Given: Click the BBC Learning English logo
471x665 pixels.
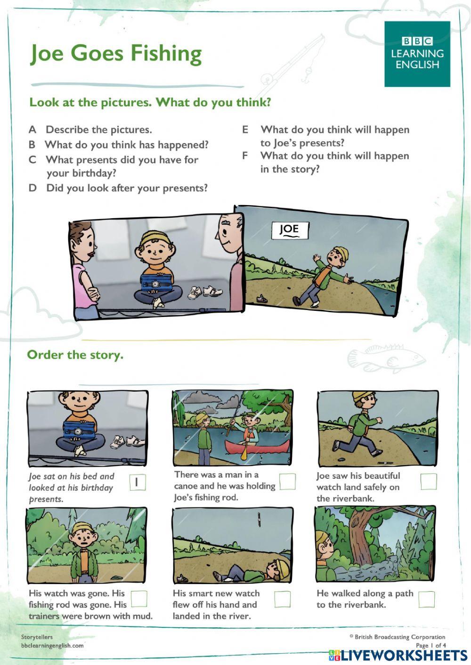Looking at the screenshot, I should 417,54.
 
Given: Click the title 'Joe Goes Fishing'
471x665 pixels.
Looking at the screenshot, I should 116,54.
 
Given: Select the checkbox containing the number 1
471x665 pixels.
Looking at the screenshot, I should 137,482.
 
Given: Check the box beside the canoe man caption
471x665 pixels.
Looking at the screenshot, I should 287,481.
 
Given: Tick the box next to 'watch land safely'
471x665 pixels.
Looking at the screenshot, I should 428,481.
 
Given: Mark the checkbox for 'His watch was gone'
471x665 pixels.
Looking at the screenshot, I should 138,599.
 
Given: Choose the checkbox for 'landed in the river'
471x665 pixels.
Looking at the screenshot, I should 282,599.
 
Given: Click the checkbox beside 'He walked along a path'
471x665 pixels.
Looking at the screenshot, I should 426,599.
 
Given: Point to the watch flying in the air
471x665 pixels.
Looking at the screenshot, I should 259,519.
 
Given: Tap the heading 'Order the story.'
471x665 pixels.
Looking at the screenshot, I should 75,355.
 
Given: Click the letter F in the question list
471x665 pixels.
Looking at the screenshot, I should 245,156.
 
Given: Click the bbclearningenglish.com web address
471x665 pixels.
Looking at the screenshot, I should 52,645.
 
